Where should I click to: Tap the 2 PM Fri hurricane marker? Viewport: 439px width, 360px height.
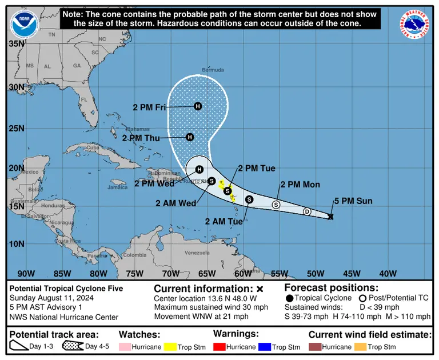198,106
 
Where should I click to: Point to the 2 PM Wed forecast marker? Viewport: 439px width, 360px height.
199,169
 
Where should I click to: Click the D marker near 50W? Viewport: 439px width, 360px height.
307,211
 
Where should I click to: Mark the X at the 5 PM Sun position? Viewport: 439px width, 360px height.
331,217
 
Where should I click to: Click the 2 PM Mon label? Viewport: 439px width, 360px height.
300,185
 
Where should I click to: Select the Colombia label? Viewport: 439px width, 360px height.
135,255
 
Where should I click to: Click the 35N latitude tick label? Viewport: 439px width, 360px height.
17,43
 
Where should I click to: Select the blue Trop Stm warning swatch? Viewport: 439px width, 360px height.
262,347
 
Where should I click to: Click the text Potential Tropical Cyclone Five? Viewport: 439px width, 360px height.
66,289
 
